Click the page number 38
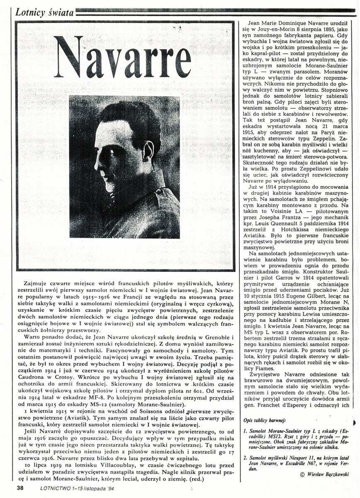(20, 488)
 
